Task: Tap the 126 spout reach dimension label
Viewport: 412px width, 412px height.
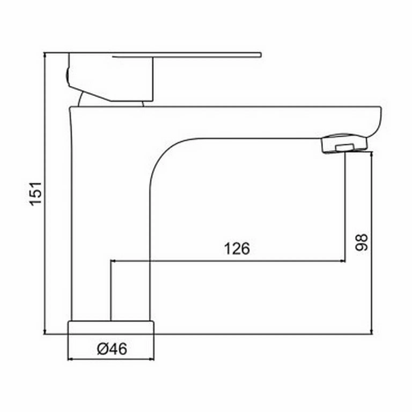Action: [x=237, y=249]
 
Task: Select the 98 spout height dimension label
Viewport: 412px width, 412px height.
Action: [x=361, y=242]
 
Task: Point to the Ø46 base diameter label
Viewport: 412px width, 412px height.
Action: [x=112, y=349]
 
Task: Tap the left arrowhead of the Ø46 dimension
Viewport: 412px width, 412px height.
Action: [x=69, y=359]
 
